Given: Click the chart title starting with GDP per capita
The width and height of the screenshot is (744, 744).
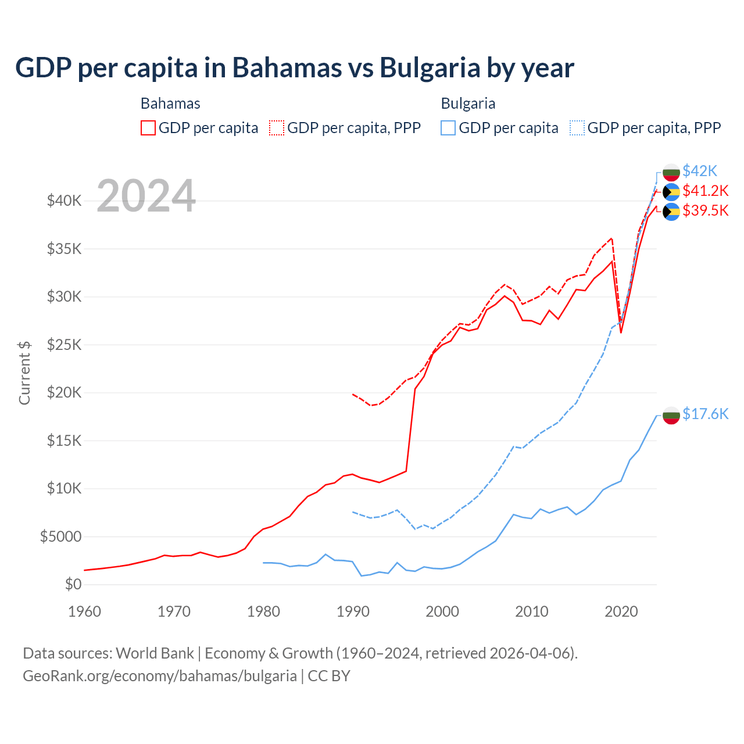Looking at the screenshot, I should point(294,68).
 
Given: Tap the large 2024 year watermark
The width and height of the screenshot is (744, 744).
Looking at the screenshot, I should point(146,196).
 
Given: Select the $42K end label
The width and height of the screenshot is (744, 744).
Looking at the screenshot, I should point(700,171).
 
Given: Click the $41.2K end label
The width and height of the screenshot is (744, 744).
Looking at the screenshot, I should point(705,191).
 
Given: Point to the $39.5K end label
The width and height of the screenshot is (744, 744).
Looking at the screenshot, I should point(705,210).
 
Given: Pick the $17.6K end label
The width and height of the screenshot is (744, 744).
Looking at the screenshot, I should point(705,414).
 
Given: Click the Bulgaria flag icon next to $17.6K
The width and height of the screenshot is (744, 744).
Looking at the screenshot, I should point(671,415).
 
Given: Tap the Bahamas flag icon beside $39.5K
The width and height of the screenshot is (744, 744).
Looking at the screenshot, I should point(671,212).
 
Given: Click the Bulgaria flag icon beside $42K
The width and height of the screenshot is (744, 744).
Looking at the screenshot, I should point(671,172).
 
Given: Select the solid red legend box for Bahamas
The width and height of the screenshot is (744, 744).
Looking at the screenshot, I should point(148,128).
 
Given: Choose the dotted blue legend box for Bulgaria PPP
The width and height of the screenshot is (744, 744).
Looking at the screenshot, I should point(577,128).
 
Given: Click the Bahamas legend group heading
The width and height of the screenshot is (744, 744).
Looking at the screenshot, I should point(170,103).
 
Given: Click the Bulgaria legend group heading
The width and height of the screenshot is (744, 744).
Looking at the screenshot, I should point(468,103).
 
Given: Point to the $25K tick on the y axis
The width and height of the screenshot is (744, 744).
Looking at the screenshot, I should point(64,345).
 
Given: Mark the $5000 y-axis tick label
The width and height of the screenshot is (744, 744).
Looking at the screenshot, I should point(60,536).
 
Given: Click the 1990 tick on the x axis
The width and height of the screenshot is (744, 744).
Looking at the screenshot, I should point(353,611).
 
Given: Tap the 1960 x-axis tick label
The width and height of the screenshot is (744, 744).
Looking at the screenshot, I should point(85,611).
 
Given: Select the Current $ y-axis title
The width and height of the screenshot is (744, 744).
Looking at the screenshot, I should point(24,373).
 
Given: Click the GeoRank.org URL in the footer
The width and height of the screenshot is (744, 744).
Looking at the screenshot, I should point(160,676).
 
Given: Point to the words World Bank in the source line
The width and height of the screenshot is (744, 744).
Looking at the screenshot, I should point(155,653).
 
